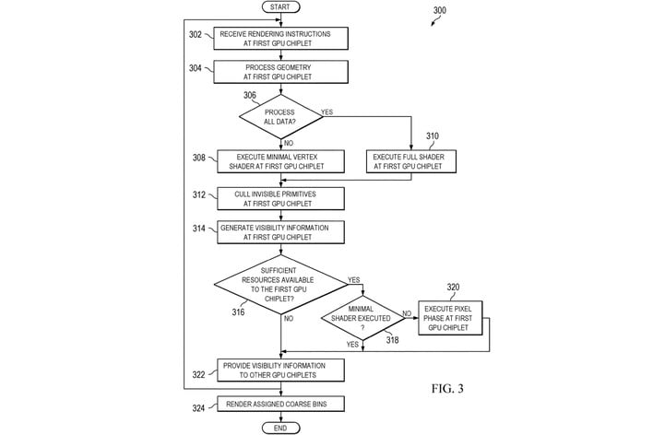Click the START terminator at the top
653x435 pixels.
coord(280,6)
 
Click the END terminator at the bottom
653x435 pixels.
coord(280,428)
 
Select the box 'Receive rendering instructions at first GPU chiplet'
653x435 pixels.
coord(280,39)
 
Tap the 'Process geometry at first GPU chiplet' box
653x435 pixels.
coord(280,72)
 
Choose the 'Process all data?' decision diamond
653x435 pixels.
coord(280,116)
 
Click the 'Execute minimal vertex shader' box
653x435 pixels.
coord(280,161)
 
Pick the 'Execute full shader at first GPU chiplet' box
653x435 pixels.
coord(411,161)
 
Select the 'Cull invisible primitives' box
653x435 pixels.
coord(280,198)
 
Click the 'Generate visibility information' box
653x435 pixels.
coord(280,232)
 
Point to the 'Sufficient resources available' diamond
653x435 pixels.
coord(280,284)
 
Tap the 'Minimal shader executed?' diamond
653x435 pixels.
coord(362,318)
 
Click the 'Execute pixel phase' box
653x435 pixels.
coord(450,318)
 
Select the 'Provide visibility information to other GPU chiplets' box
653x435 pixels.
coord(280,370)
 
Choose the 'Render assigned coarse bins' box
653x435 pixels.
coord(280,404)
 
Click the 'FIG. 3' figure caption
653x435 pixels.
coord(447,388)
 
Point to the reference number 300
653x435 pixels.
coord(439,10)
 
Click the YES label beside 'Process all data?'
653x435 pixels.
coord(326,112)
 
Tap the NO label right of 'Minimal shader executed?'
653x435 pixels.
coord(407,313)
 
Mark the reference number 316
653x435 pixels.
coord(238,312)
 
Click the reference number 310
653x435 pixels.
coord(433,136)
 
